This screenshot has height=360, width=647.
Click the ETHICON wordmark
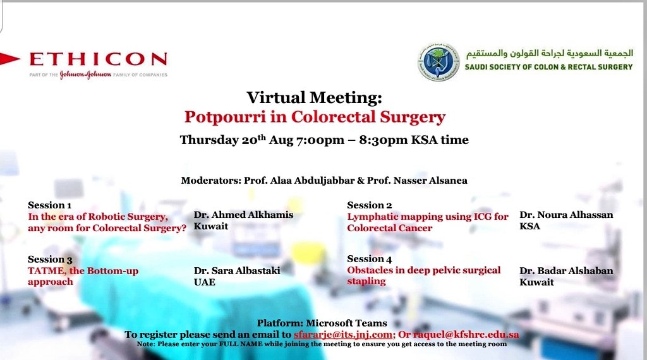pyautogui.click(x=98, y=60)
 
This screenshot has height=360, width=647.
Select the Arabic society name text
pyautogui.click(x=548, y=54)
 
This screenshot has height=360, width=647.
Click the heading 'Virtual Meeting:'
pyautogui.click(x=314, y=98)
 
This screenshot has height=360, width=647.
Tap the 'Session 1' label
pyautogui.click(x=49, y=205)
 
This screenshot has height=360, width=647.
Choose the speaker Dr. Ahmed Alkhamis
pyautogui.click(x=243, y=215)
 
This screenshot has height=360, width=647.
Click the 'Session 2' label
pyautogui.click(x=369, y=205)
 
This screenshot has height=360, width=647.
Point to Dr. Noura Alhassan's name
pyautogui.click(x=565, y=215)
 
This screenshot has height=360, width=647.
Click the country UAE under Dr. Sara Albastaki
pyautogui.click(x=204, y=282)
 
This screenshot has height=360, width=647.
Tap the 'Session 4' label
pyautogui.click(x=369, y=259)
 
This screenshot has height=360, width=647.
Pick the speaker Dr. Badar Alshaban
pyautogui.click(x=565, y=271)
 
